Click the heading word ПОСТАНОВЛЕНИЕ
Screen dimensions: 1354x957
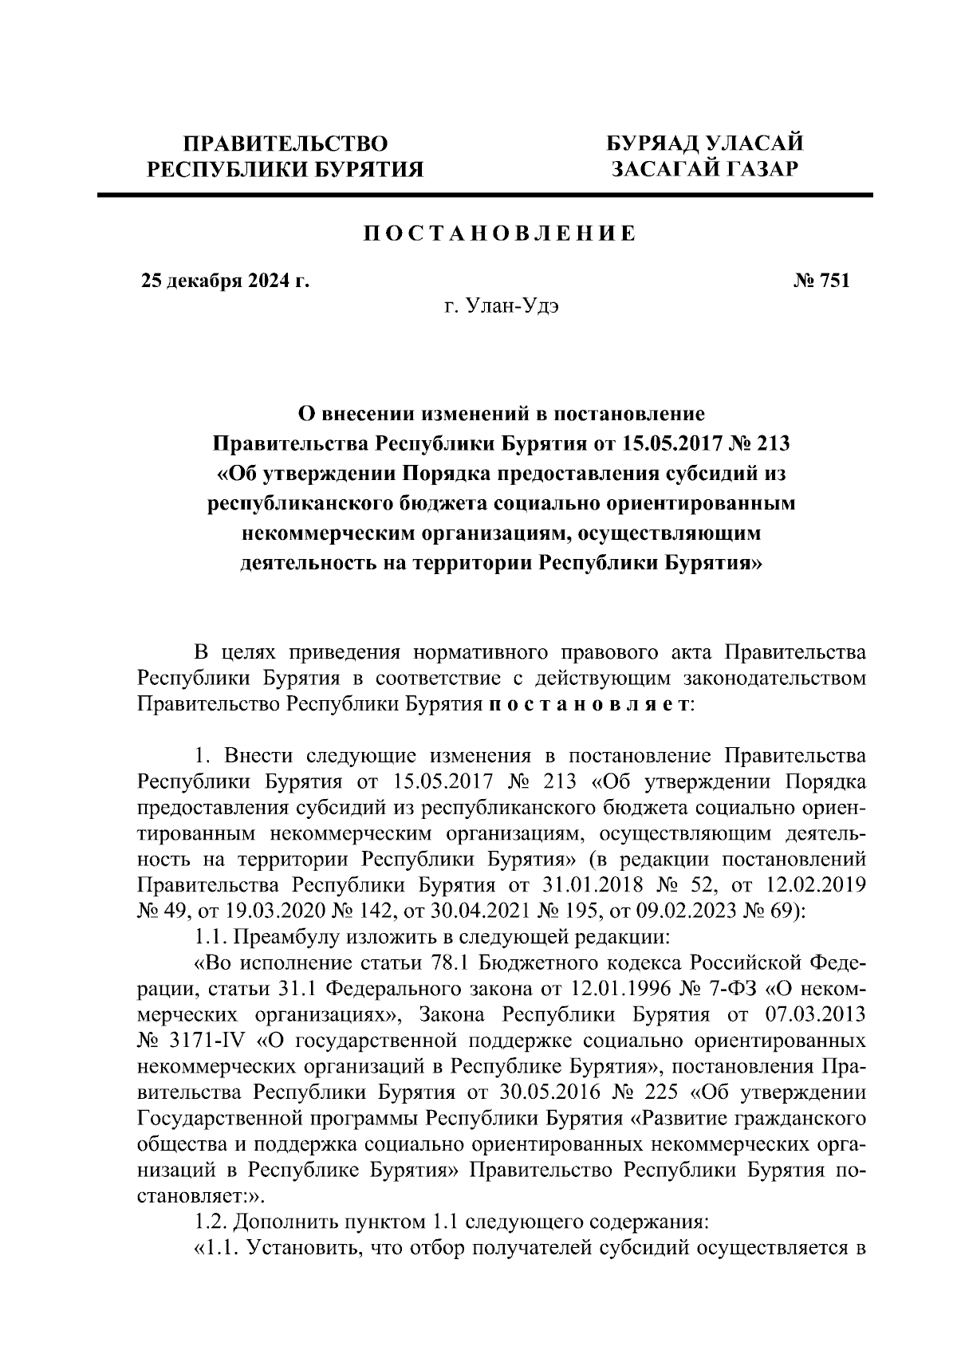click(x=500, y=234)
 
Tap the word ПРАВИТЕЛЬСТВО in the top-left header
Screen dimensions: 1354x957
click(x=286, y=144)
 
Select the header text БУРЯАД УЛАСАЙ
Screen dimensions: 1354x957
click(x=704, y=144)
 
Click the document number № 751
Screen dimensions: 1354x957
click(x=821, y=281)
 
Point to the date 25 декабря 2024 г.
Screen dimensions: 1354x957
click(x=225, y=281)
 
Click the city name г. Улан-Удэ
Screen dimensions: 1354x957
click(x=502, y=307)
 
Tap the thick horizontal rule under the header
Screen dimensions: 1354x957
click(x=485, y=194)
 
